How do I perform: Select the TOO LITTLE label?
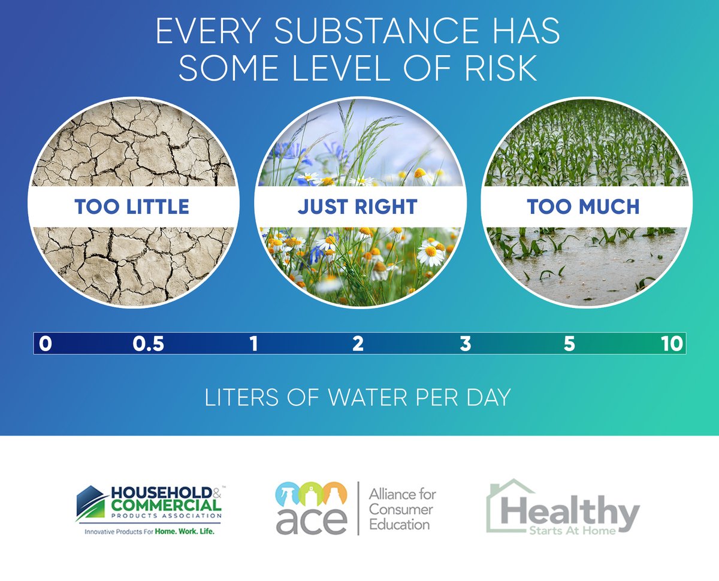pyautogui.click(x=132, y=207)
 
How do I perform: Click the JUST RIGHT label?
pyautogui.click(x=358, y=207)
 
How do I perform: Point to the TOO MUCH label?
pyautogui.click(x=583, y=207)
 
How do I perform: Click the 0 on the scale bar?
pyautogui.click(x=46, y=344)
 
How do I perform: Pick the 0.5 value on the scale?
pyautogui.click(x=149, y=344)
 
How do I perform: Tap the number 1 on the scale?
pyautogui.click(x=254, y=344)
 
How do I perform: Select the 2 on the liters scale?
pyautogui.click(x=358, y=344)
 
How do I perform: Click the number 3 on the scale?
pyautogui.click(x=465, y=344)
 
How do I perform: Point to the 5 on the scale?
pyautogui.click(x=569, y=344)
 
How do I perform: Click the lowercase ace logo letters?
pyautogui.click(x=311, y=522)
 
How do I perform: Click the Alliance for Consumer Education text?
pyautogui.click(x=403, y=509)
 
